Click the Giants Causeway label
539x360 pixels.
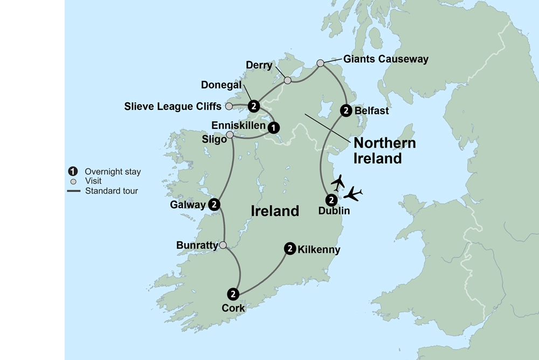385,59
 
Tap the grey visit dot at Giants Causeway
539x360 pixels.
320,63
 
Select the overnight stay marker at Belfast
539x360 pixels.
346,110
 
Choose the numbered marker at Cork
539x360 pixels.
233,294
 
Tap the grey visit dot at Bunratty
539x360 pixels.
223,245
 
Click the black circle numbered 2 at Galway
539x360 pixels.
214,204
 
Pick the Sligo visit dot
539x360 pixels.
230,135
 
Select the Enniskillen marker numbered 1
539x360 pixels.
274,127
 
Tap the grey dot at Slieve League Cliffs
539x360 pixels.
229,106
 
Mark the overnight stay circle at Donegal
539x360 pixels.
252,106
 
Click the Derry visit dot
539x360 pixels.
288,80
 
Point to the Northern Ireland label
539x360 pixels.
384,151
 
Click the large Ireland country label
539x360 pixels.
275,211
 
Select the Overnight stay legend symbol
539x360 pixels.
72,172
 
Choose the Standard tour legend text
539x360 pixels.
111,190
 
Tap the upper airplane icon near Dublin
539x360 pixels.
338,182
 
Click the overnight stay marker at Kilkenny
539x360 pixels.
290,248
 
